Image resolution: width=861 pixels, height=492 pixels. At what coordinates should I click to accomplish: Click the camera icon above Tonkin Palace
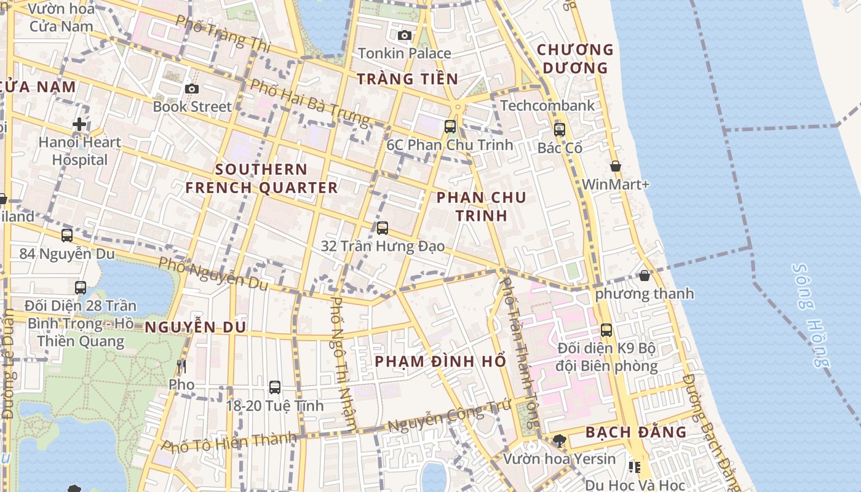pyautogui.click(x=404, y=35)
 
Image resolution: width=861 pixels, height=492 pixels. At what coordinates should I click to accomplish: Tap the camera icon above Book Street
pyautogui.click(x=191, y=89)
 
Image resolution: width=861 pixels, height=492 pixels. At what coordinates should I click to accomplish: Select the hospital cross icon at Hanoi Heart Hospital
pyautogui.click(x=79, y=124)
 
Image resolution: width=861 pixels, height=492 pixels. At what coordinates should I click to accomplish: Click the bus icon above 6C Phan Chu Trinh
pyautogui.click(x=450, y=126)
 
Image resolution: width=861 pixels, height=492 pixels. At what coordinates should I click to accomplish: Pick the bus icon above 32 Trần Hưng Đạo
pyautogui.click(x=382, y=228)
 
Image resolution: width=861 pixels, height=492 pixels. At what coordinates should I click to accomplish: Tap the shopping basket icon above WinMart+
pyautogui.click(x=615, y=166)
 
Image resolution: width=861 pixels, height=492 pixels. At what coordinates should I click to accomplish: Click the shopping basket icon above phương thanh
pyautogui.click(x=644, y=276)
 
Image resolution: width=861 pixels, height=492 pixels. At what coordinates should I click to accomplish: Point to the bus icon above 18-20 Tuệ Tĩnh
pyautogui.click(x=274, y=387)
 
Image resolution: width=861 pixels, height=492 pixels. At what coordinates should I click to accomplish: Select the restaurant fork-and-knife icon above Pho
pyautogui.click(x=181, y=367)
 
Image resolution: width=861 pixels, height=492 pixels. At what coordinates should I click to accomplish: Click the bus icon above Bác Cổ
pyautogui.click(x=559, y=130)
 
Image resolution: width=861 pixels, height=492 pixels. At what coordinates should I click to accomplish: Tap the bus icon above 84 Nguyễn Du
pyautogui.click(x=66, y=235)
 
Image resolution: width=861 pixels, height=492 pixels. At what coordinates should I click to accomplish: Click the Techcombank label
pyautogui.click(x=547, y=106)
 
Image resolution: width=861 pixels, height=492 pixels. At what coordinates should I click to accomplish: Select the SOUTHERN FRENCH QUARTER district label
pyautogui.click(x=261, y=178)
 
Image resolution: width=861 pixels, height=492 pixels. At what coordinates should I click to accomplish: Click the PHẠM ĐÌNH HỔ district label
pyautogui.click(x=440, y=361)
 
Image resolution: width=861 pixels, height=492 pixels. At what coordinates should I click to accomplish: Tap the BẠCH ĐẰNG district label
pyautogui.click(x=635, y=432)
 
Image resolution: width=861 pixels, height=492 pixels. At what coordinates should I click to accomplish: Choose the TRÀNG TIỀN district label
pyautogui.click(x=407, y=79)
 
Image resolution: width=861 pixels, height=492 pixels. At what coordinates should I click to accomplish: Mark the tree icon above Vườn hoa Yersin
pyautogui.click(x=559, y=440)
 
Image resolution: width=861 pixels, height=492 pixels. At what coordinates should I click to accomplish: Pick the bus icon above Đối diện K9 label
pyautogui.click(x=606, y=330)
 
